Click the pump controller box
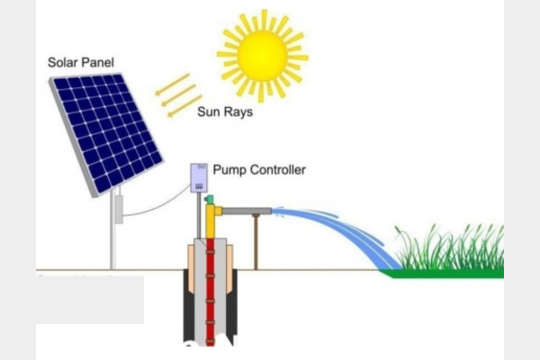[x=199, y=177]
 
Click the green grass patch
[x=450, y=256]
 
